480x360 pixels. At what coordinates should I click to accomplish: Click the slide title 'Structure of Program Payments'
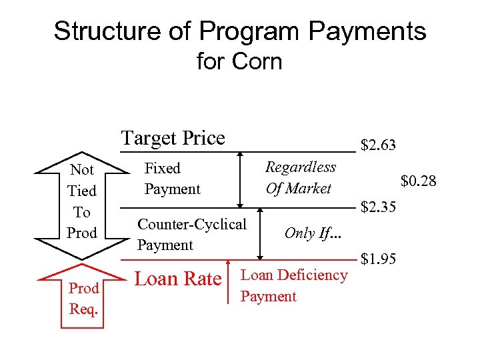239,31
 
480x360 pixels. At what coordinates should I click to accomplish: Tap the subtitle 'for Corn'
239,62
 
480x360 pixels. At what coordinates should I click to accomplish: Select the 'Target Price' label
173,138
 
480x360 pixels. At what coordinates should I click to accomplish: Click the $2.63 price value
378,145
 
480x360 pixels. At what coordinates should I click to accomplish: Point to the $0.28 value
418,181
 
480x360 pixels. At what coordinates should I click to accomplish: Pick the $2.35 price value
378,207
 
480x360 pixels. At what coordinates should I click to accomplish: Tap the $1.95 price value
378,258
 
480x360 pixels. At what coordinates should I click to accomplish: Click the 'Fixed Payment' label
172,179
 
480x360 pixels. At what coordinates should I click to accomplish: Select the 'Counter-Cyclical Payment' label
191,234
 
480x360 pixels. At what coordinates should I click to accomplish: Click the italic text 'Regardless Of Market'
300,178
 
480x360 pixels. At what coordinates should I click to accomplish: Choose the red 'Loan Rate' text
178,279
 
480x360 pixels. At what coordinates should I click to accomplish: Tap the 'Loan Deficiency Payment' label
293,285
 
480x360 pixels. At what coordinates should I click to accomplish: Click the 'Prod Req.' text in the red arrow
83,299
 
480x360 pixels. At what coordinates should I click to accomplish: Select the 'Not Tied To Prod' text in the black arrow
82,201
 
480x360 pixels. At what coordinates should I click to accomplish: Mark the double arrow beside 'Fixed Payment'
241,180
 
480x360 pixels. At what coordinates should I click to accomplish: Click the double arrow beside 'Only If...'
261,233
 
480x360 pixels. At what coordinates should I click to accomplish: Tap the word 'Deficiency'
313,275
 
